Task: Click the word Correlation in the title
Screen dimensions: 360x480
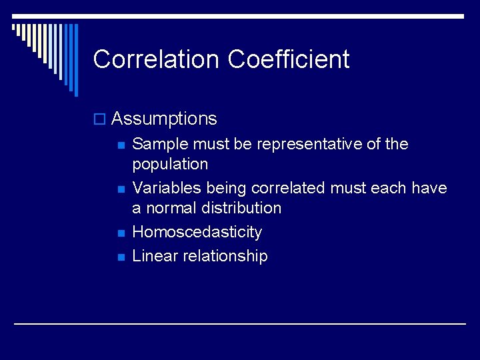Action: [x=156, y=59]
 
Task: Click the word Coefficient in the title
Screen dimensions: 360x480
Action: [x=288, y=59]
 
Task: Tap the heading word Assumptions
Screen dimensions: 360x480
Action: [x=164, y=119]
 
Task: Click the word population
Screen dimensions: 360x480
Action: [x=170, y=165]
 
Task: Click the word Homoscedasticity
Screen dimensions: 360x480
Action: [x=197, y=233]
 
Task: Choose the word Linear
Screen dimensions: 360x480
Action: [x=153, y=256]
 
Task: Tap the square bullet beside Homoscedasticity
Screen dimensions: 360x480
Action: [x=121, y=233]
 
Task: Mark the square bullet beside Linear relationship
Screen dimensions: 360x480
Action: [x=121, y=257]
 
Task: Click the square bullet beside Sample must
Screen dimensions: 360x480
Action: [x=121, y=145]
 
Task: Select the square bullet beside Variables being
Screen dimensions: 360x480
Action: [x=121, y=189]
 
